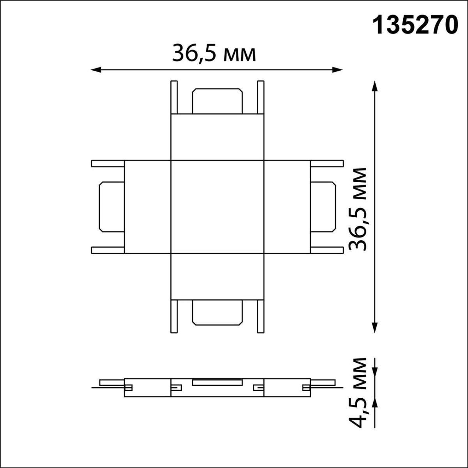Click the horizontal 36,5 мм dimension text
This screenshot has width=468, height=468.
coord(214,54)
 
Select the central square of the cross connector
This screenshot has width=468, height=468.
coord(217,207)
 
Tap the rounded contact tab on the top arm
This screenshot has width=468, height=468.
coord(217,101)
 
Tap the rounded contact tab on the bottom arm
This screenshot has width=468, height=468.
coord(217,313)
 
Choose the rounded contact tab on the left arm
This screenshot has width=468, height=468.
coord(112,207)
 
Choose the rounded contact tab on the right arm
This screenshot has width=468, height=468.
coord(323,207)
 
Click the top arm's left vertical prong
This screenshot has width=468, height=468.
coord(174,97)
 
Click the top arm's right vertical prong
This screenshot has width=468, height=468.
coord(261,97)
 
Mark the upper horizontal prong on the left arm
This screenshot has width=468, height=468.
coord(108,163)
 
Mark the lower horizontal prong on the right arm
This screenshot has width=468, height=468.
coord(327,250)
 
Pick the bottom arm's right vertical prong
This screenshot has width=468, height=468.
coord(261,316)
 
